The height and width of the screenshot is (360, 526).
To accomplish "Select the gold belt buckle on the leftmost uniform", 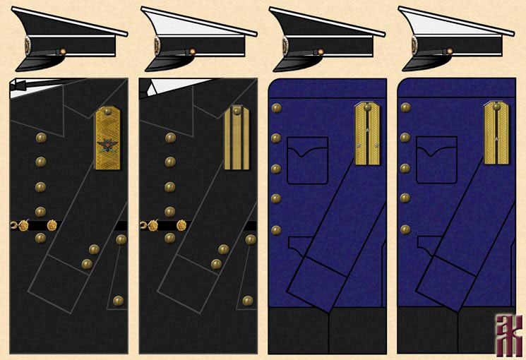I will [x=23, y=226].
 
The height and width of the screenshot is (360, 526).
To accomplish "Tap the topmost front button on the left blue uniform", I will [x=276, y=108].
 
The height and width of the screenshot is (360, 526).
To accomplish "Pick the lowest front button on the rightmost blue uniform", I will [x=405, y=229].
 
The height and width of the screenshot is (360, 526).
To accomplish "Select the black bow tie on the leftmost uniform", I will [x=27, y=85].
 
